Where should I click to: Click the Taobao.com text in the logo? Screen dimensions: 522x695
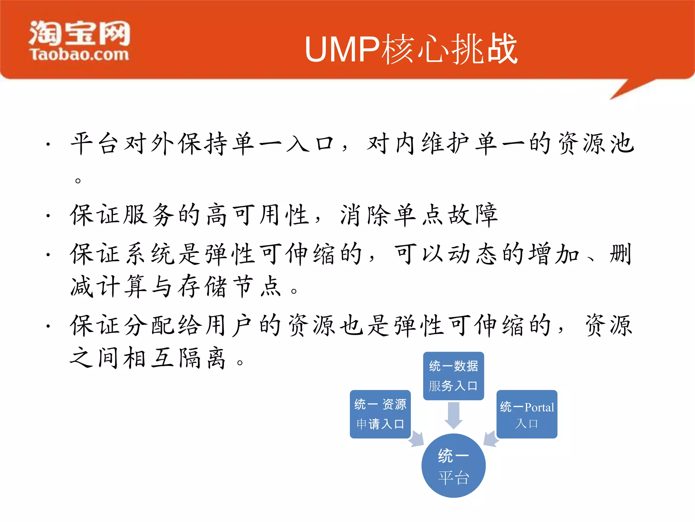point(80,55)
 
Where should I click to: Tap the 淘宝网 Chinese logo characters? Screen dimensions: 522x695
point(80,33)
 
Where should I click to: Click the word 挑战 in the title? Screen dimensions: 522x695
point(485,50)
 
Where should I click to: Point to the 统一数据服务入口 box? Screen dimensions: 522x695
point(453,376)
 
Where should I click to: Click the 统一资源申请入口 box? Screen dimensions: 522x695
point(380,414)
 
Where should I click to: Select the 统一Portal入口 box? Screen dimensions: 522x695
point(527,414)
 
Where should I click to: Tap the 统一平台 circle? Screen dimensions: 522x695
point(453,466)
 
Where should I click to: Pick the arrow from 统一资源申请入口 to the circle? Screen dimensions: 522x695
point(416,439)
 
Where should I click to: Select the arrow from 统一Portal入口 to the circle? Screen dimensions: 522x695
point(491,439)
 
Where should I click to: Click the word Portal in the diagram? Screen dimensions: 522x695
point(539,407)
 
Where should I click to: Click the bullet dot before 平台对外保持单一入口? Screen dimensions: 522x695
point(49,144)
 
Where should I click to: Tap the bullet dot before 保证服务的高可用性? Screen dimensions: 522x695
point(49,215)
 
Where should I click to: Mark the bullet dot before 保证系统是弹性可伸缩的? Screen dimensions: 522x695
point(49,254)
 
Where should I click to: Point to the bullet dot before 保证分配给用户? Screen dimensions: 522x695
point(49,326)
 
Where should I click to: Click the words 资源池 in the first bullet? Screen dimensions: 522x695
point(596,143)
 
